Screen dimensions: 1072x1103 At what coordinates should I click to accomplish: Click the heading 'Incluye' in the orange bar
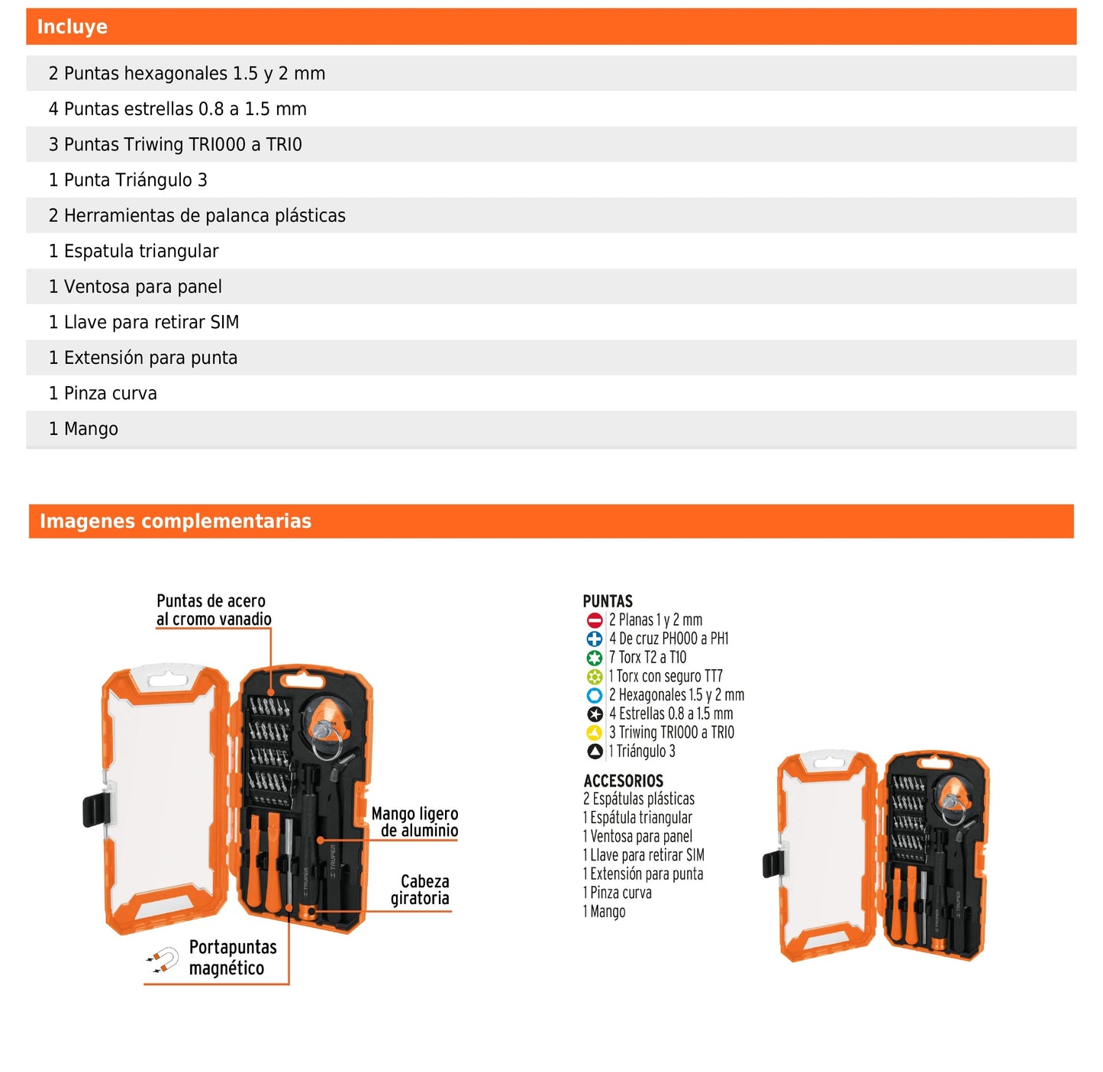[x=73, y=27]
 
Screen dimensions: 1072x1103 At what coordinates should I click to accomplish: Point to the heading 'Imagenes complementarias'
[x=176, y=521]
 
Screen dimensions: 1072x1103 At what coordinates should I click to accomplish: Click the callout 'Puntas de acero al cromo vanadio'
[x=213, y=610]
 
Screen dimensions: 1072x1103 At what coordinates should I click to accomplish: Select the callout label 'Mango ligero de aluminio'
[x=415, y=822]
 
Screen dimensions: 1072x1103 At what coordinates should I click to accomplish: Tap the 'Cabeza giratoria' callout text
[x=421, y=890]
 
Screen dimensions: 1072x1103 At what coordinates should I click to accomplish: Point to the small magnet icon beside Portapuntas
[x=162, y=960]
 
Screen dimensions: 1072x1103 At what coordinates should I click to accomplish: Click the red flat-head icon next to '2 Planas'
[x=595, y=620]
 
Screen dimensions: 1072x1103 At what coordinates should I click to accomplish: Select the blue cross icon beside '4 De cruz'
[x=595, y=639]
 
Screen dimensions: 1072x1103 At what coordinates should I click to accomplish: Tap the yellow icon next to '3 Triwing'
[x=595, y=732]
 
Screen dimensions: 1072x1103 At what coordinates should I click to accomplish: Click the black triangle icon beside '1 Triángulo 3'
[x=595, y=752]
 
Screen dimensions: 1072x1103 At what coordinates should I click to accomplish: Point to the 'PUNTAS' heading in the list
[x=608, y=601]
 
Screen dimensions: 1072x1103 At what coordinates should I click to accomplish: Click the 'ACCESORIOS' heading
[x=623, y=781]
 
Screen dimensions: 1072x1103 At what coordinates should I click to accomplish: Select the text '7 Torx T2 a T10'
[x=647, y=658]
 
